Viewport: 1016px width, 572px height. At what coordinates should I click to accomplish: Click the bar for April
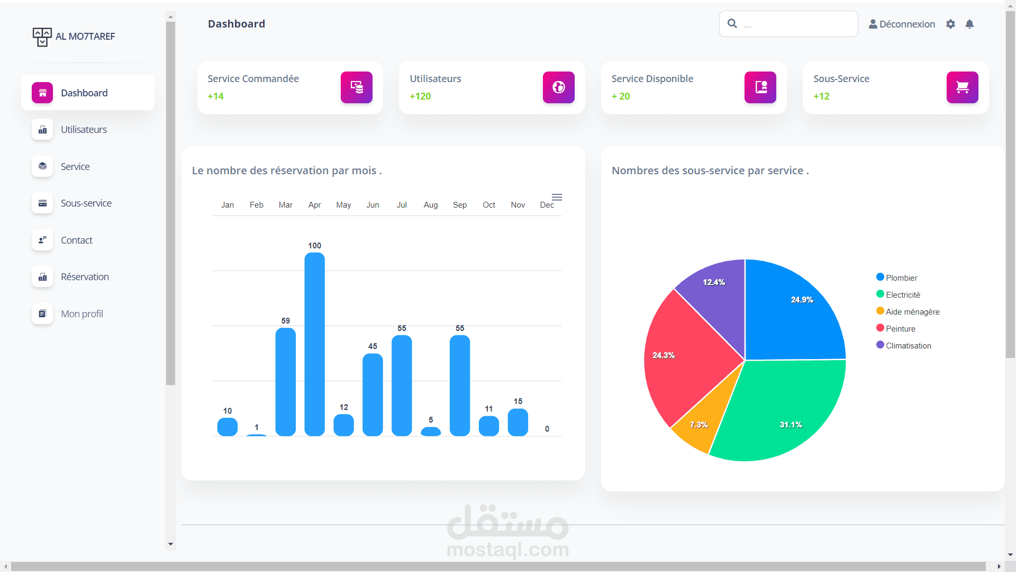point(314,344)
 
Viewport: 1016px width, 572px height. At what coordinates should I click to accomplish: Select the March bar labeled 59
point(285,381)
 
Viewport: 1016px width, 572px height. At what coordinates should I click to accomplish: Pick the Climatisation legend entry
point(908,345)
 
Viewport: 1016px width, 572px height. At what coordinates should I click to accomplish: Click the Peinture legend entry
point(900,328)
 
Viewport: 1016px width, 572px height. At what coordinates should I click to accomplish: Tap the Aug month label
point(430,205)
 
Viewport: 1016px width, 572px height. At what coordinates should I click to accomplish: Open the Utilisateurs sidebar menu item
point(84,130)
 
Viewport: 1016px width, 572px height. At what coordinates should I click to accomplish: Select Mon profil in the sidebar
point(81,314)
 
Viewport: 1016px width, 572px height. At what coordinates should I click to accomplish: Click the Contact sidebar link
point(76,240)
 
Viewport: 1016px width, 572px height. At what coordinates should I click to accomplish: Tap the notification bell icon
point(969,24)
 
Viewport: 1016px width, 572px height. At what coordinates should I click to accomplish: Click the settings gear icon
point(950,24)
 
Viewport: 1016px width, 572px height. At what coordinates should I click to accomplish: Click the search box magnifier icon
point(732,23)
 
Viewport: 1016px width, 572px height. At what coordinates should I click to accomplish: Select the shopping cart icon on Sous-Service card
point(962,87)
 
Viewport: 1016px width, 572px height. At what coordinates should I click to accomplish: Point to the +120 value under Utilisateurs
point(420,96)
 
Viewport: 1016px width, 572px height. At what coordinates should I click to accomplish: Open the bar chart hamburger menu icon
point(557,198)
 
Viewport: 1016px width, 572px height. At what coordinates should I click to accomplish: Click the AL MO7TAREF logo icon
point(42,37)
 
